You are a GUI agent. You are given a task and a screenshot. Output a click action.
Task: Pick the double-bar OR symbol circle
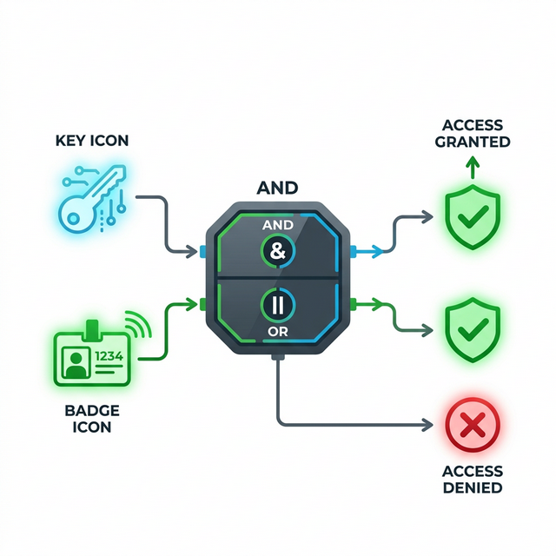279,303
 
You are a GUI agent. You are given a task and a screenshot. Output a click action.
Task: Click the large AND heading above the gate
278,188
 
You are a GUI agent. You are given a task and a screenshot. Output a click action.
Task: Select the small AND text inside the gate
278,223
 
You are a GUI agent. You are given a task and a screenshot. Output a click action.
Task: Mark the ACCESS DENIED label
471,480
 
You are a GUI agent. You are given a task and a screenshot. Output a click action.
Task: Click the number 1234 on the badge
109,354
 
